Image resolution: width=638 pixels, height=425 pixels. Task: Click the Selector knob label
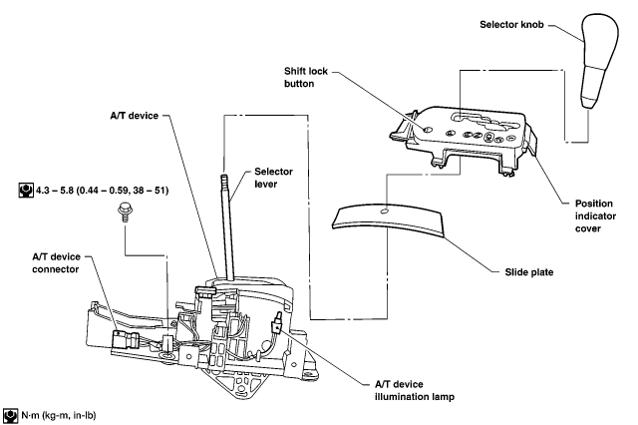pos(511,24)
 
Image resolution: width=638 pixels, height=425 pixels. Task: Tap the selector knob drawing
pos(598,60)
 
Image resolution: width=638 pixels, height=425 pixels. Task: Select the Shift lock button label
pos(306,77)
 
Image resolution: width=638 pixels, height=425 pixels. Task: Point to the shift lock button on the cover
pos(428,129)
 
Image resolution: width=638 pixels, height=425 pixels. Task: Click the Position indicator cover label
pos(595,215)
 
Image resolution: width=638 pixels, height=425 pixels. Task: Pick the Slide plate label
pos(529,272)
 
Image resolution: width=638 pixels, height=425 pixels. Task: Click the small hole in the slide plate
pos(385,212)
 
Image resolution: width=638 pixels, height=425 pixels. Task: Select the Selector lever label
pos(273,178)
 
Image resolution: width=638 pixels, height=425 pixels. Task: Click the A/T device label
pos(134,116)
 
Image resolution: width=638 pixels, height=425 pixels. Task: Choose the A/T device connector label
pos(56,263)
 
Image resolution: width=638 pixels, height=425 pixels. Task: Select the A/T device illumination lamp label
pos(415,390)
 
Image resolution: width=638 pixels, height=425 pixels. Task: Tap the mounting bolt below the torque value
pos(125,212)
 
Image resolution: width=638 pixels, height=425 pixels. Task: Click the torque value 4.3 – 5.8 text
pos(102,191)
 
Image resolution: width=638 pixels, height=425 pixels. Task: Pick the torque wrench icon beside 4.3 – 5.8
pos(26,191)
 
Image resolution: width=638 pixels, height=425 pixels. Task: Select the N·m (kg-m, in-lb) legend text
pos(59,416)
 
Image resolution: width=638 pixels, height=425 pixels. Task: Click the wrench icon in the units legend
pos(10,416)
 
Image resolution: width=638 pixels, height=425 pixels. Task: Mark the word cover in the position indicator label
pos(588,228)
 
